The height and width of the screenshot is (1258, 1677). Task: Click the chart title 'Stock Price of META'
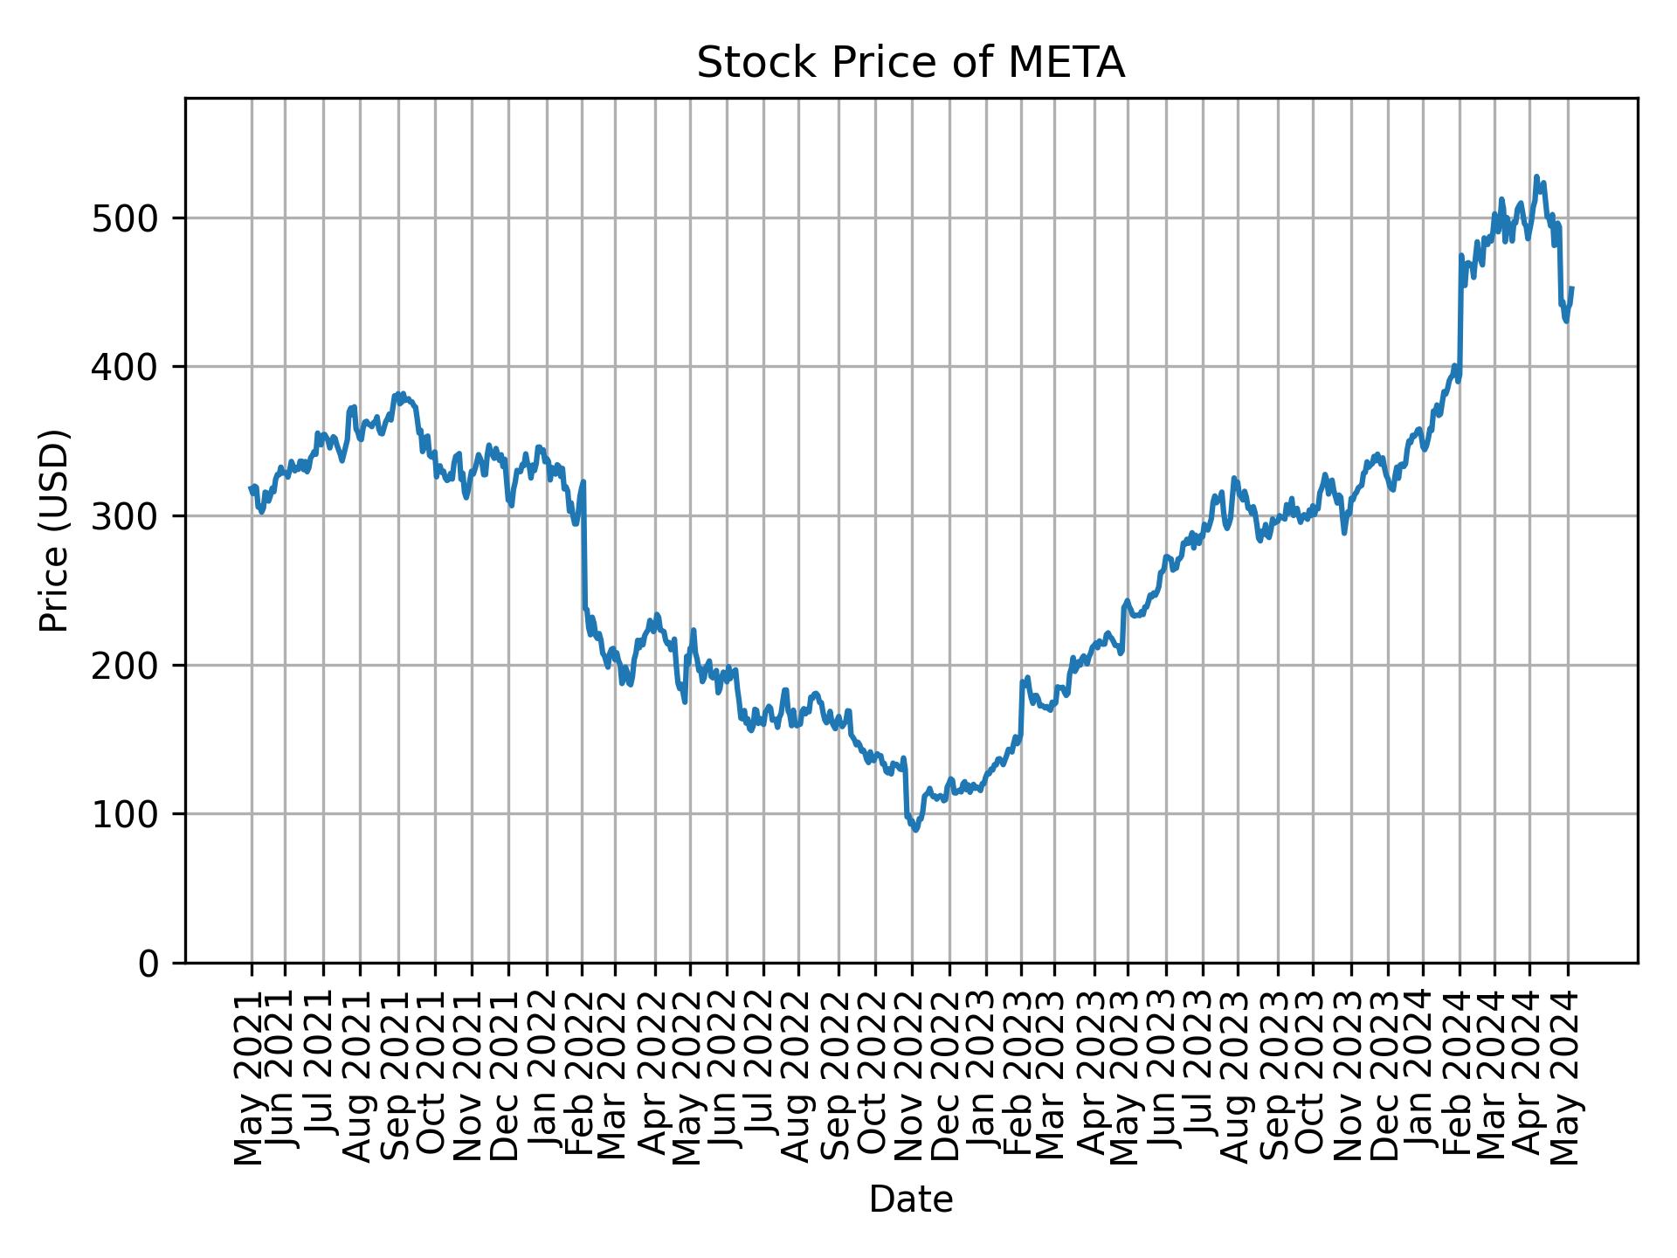[x=910, y=64]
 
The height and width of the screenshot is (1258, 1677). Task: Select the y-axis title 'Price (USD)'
[x=54, y=530]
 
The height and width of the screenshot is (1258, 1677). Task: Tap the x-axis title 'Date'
[x=910, y=1199]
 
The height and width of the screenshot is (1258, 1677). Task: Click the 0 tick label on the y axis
[x=149, y=964]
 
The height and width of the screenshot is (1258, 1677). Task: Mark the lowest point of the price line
[x=915, y=830]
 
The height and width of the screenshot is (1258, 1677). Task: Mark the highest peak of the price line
[x=1536, y=176]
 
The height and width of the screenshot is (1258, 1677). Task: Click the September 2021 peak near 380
[x=401, y=394]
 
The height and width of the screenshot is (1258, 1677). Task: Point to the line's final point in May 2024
[x=1572, y=287]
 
